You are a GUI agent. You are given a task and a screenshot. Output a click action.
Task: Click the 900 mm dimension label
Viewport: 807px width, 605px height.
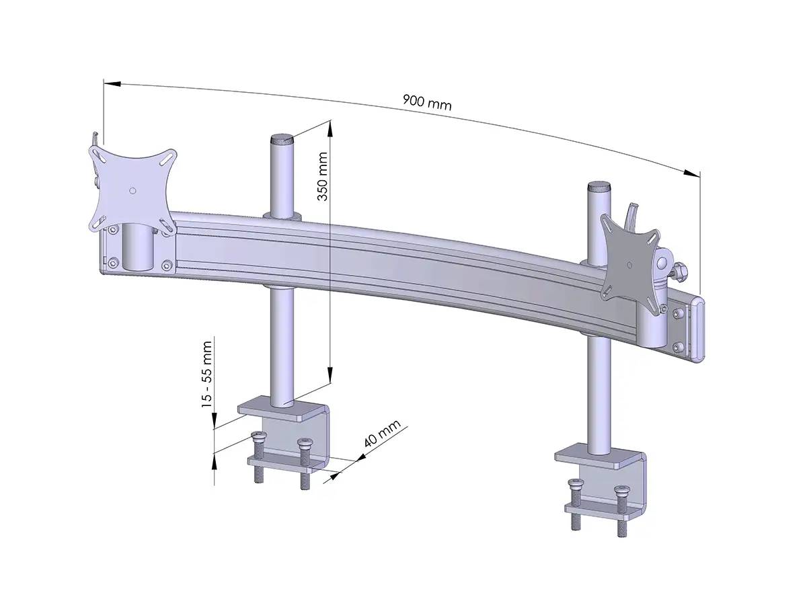coord(427,103)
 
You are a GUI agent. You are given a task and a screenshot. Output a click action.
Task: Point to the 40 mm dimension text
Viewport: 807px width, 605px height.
coord(382,434)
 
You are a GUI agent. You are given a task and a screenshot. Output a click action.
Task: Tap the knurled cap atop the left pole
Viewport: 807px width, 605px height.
coord(282,141)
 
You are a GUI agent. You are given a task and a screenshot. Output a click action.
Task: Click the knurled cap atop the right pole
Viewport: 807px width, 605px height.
coord(598,186)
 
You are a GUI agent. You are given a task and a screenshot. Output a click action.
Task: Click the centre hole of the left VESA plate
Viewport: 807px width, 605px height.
coord(132,191)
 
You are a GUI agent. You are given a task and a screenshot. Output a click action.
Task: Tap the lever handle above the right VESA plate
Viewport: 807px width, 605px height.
coord(631,214)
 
